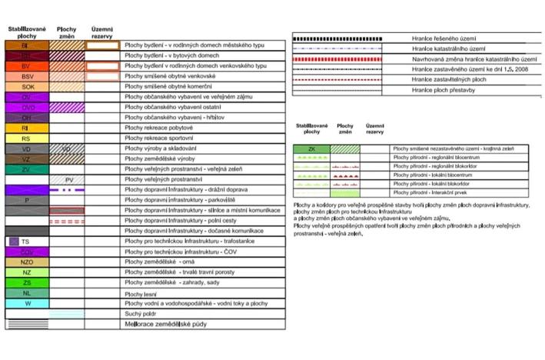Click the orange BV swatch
tap(26, 67)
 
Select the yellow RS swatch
tap(26, 138)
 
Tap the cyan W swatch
tap(26, 303)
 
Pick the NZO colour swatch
tap(26, 262)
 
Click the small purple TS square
tap(14, 241)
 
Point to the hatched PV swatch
tap(68, 179)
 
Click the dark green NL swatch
tap(26, 293)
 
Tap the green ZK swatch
tap(311, 148)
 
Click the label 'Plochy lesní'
tap(141, 294)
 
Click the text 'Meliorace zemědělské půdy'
tap(165, 325)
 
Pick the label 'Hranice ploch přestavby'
tap(443, 89)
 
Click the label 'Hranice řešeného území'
tap(441, 38)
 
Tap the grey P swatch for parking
tap(26, 200)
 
